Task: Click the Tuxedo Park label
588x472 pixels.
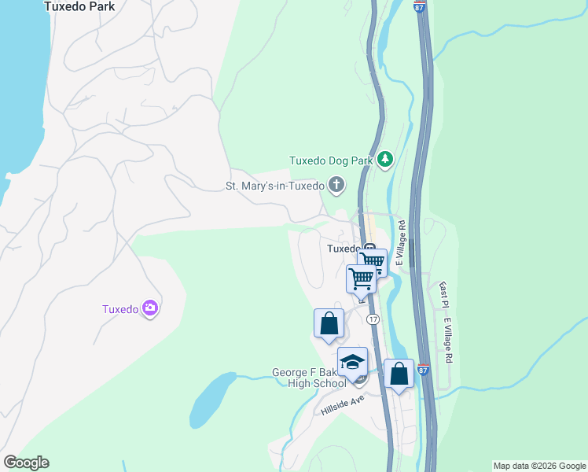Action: pos(79,6)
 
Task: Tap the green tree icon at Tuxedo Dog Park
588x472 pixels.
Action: pos(384,160)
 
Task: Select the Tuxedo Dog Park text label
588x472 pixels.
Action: pos(330,160)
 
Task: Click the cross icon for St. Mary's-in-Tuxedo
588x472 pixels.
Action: pos(336,186)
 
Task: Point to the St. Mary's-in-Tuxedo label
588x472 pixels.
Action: pos(274,186)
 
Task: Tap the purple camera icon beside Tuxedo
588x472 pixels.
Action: pos(150,308)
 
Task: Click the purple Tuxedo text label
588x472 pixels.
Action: pos(120,309)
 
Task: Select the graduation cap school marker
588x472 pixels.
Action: pos(353,362)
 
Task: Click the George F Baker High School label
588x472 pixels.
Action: pos(309,378)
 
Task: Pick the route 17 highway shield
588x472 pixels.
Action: pos(373,319)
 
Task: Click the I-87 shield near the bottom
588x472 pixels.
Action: pos(424,369)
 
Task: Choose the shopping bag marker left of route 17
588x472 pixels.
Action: pos(329,323)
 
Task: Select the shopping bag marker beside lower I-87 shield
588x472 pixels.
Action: pos(399,374)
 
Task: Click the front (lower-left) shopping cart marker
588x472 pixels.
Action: pos(361,278)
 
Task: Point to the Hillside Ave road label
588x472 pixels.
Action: pos(344,406)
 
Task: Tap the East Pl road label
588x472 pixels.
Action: pos(444,295)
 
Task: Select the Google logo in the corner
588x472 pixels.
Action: pos(26,463)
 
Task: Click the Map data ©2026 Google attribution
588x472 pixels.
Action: pos(539,466)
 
